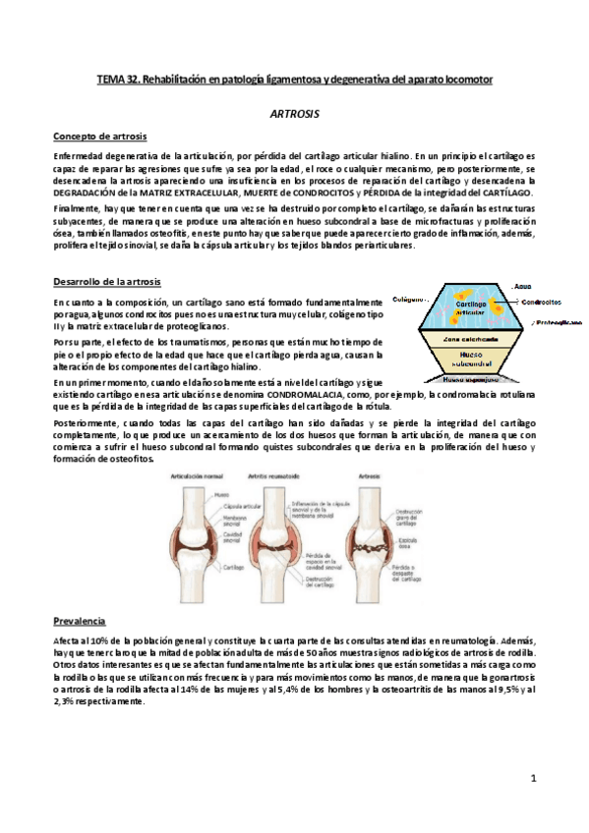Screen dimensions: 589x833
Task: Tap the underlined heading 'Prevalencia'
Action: (80, 622)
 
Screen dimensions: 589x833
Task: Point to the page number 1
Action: (531, 779)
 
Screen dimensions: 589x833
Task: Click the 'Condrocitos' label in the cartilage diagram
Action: (542, 302)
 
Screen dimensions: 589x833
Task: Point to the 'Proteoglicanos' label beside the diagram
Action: (557, 321)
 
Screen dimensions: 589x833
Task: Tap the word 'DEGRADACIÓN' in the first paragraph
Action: (89, 191)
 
